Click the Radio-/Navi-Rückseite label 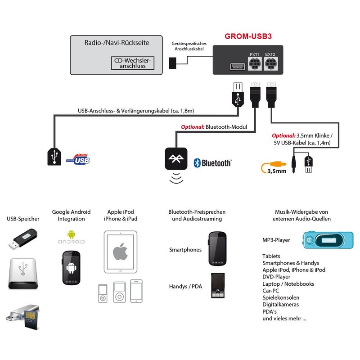tap(117, 44)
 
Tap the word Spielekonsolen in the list tap(280, 297)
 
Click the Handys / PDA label tap(185, 287)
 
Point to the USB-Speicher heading tap(23, 219)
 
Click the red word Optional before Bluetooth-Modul tap(193, 127)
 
